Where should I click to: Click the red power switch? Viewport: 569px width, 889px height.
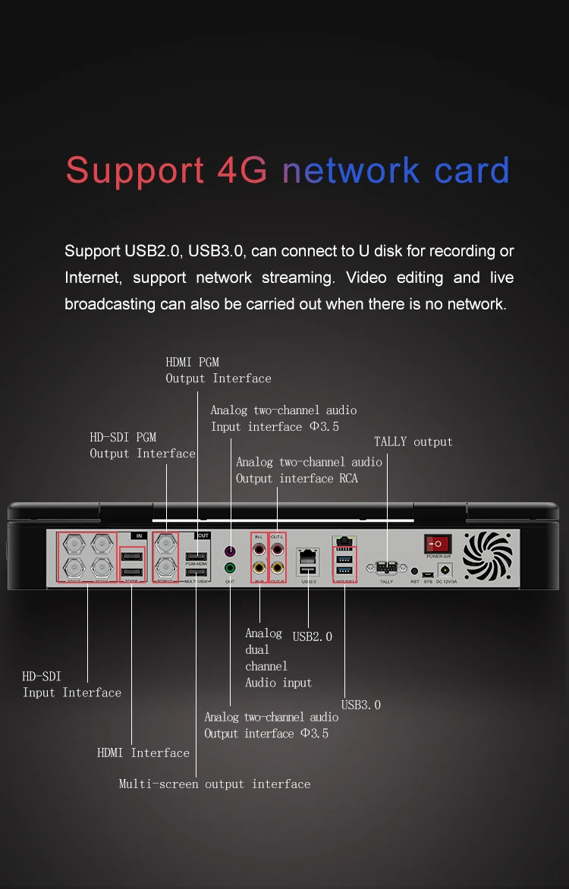(438, 544)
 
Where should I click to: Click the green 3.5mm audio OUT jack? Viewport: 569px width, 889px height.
(230, 567)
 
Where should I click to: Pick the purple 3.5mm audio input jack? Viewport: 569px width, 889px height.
(230, 550)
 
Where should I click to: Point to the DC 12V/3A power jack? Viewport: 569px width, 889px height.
(445, 569)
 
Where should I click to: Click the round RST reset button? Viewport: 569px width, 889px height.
(414, 570)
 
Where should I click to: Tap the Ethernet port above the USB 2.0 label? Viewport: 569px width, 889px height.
(308, 554)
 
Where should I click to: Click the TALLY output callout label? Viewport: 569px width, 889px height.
(413, 441)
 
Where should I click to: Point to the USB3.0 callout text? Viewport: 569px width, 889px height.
(361, 705)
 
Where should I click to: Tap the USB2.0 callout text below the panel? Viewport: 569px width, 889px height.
(313, 636)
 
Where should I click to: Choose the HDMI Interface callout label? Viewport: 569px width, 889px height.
(143, 752)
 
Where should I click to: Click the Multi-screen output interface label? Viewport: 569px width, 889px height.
(215, 784)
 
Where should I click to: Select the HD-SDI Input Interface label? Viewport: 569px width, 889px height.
(71, 684)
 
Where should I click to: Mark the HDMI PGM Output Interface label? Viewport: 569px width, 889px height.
(218, 370)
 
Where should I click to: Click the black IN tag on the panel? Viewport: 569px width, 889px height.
(138, 536)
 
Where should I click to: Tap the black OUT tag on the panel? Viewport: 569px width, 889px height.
(203, 536)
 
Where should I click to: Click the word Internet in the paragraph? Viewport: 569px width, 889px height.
(93, 278)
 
